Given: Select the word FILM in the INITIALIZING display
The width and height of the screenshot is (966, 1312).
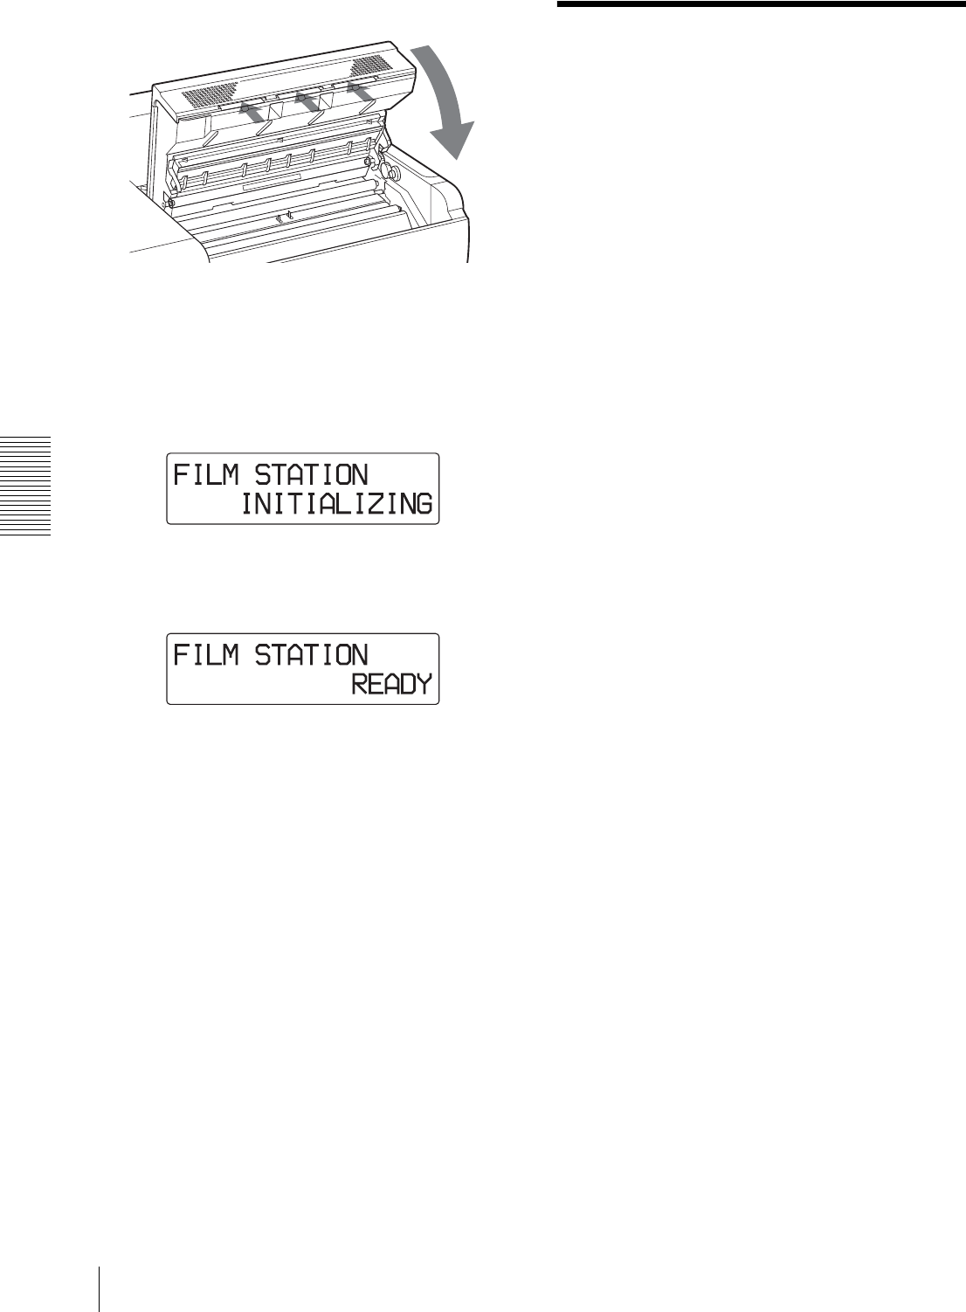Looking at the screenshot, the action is [206, 475].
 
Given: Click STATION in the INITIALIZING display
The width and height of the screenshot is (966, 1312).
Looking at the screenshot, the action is [312, 475].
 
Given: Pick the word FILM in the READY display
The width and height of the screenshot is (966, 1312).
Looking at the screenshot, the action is [206, 655].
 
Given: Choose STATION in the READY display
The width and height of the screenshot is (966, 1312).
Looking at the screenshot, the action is [312, 655].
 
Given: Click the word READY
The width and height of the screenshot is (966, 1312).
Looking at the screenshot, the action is [392, 684].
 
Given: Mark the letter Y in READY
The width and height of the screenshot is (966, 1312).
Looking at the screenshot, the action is [424, 684].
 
